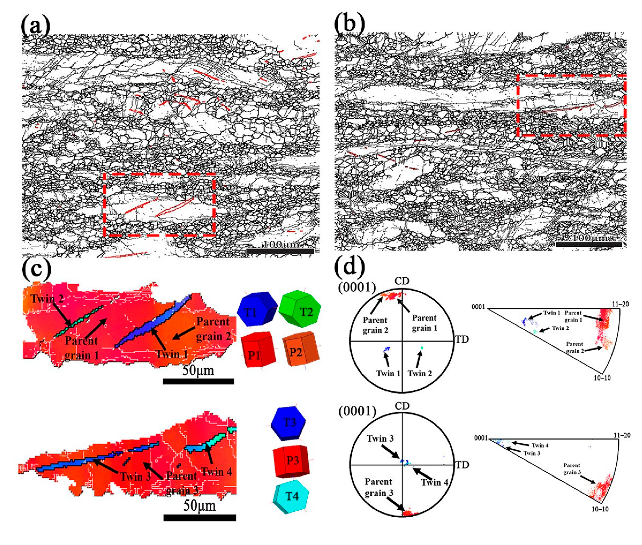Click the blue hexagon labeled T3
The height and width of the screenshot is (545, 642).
(x=288, y=423)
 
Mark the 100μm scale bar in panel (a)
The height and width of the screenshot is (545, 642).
(x=280, y=251)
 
